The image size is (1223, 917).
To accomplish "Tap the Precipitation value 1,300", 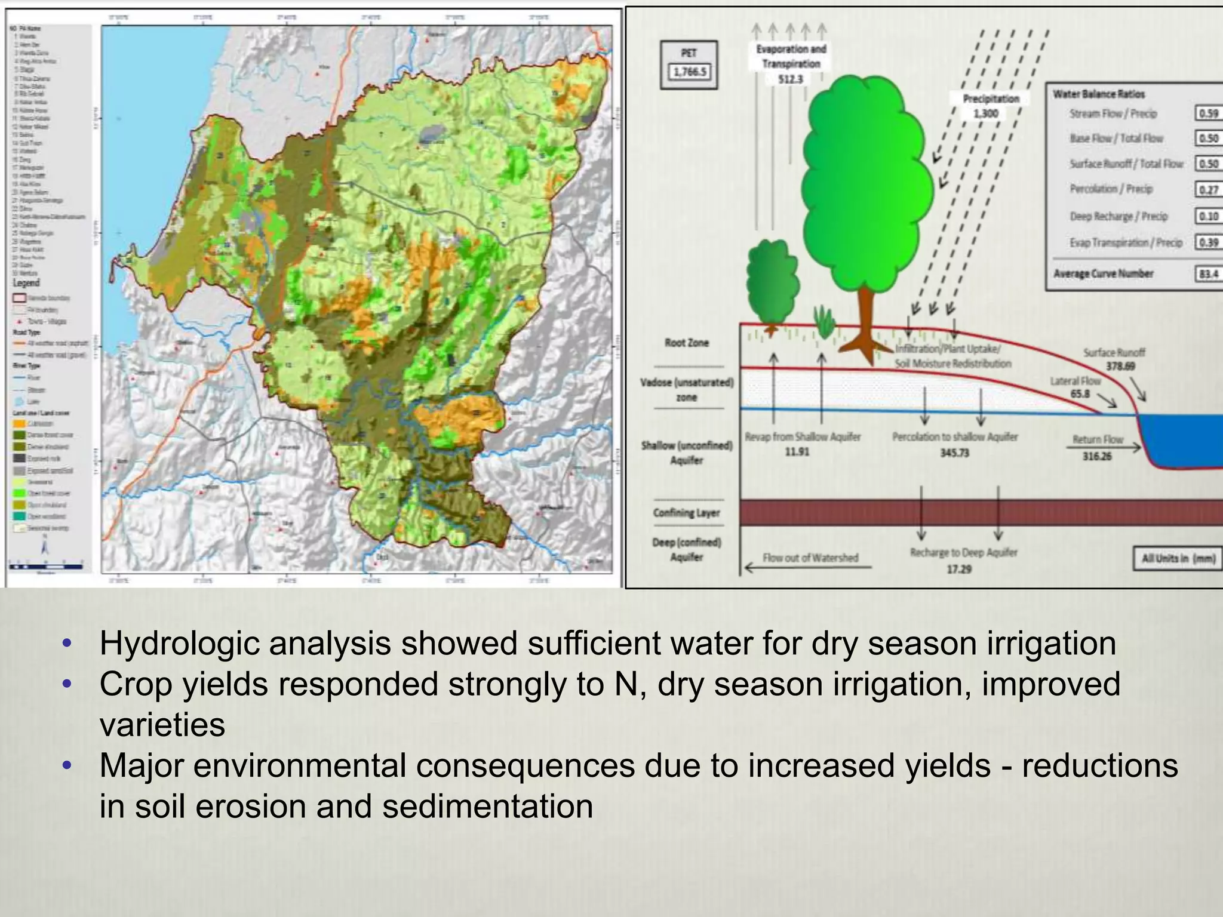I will pos(985,113).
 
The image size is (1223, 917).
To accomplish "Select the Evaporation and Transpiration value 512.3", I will pos(791,79).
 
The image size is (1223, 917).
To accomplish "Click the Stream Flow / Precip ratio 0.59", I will pos(1208,113).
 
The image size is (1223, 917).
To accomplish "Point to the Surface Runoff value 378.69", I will pos(1120,366).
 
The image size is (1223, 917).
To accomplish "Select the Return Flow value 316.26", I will pos(1097,457).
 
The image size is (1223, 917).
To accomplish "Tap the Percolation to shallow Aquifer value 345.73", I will pos(954,453).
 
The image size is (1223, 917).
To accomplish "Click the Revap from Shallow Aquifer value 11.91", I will pos(797,452).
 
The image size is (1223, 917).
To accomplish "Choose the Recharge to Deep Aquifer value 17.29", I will pos(959,569).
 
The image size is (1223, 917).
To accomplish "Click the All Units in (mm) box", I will pos(1178,559).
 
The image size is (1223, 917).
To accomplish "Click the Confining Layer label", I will pos(686,513).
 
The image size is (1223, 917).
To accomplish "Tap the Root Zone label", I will pos(686,343).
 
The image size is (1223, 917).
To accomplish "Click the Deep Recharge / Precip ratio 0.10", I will pos(1208,216).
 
